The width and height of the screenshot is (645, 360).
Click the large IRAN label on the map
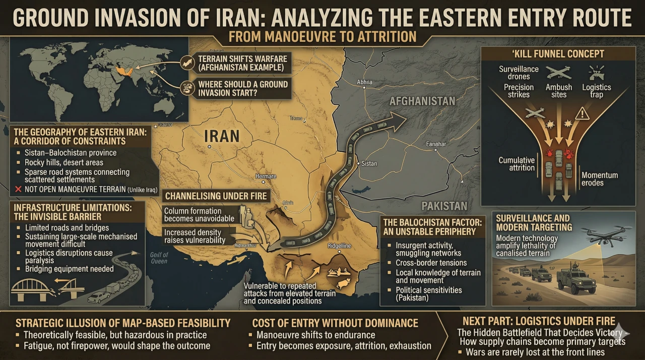tap(222, 136)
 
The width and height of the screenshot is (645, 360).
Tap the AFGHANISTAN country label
tap(422, 101)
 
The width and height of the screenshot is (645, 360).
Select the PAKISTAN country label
tap(445, 206)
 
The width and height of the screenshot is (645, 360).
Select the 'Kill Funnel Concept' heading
tap(557, 54)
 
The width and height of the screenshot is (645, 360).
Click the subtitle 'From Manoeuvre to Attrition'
tap(322, 37)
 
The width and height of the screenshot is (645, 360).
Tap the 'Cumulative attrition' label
tap(517, 164)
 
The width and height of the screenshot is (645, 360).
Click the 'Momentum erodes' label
tap(599, 179)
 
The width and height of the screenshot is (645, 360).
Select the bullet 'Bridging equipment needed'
tap(70, 269)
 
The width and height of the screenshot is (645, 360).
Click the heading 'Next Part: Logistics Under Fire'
tap(539, 321)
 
